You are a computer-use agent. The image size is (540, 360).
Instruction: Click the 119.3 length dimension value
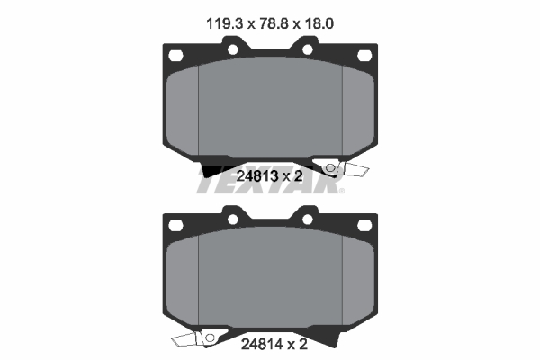tap(225, 23)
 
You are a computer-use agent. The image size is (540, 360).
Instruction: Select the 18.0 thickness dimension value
tap(319, 23)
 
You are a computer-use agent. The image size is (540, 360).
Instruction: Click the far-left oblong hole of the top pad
tap(175, 56)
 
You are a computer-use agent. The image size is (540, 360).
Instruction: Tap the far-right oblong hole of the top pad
tap(364, 56)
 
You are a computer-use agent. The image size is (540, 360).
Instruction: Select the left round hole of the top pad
tap(233, 49)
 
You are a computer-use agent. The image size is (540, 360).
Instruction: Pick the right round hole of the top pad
tap(308, 49)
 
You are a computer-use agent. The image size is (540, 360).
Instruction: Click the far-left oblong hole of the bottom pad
tap(175, 225)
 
